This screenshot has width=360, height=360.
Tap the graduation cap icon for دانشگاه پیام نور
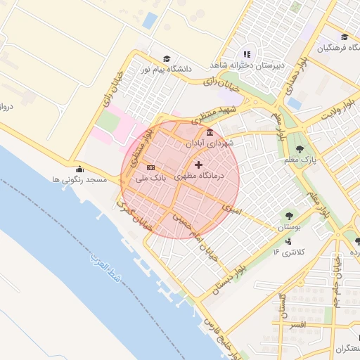(x=167, y=59)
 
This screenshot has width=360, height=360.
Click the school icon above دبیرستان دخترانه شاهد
(x=247, y=54)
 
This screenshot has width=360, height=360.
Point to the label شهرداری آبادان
(x=210, y=142)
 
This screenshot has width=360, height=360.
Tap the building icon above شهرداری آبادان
(x=210, y=132)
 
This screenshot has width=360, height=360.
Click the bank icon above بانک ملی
(x=150, y=168)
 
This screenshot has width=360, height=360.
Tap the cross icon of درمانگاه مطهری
(x=198, y=165)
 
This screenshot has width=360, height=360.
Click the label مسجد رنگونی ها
(x=79, y=180)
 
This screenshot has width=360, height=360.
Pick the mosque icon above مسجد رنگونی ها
(x=79, y=169)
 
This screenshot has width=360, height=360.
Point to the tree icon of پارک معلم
(x=301, y=148)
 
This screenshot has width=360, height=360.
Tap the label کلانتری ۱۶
(x=286, y=251)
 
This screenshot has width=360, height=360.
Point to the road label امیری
(x=231, y=208)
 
